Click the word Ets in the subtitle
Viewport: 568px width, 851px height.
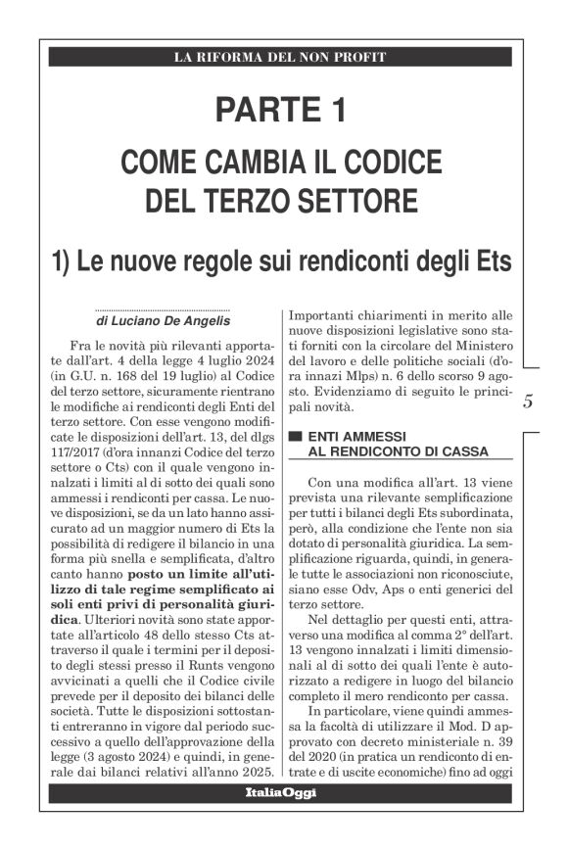click(x=490, y=261)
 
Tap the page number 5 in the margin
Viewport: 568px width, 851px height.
click(x=527, y=401)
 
